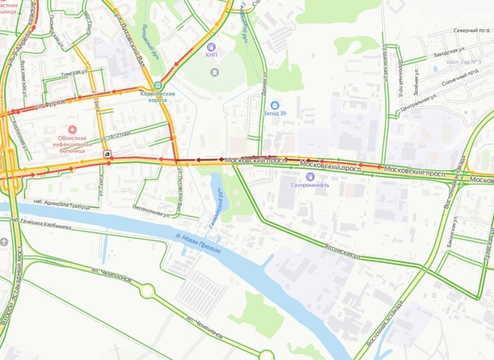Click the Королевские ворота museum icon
pos(158,85)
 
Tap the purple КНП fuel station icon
pos(212,47)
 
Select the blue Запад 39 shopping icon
pos(275,105)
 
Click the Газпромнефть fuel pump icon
pos(310,177)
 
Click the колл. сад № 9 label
pos(464,61)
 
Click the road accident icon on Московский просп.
pos(108,154)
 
